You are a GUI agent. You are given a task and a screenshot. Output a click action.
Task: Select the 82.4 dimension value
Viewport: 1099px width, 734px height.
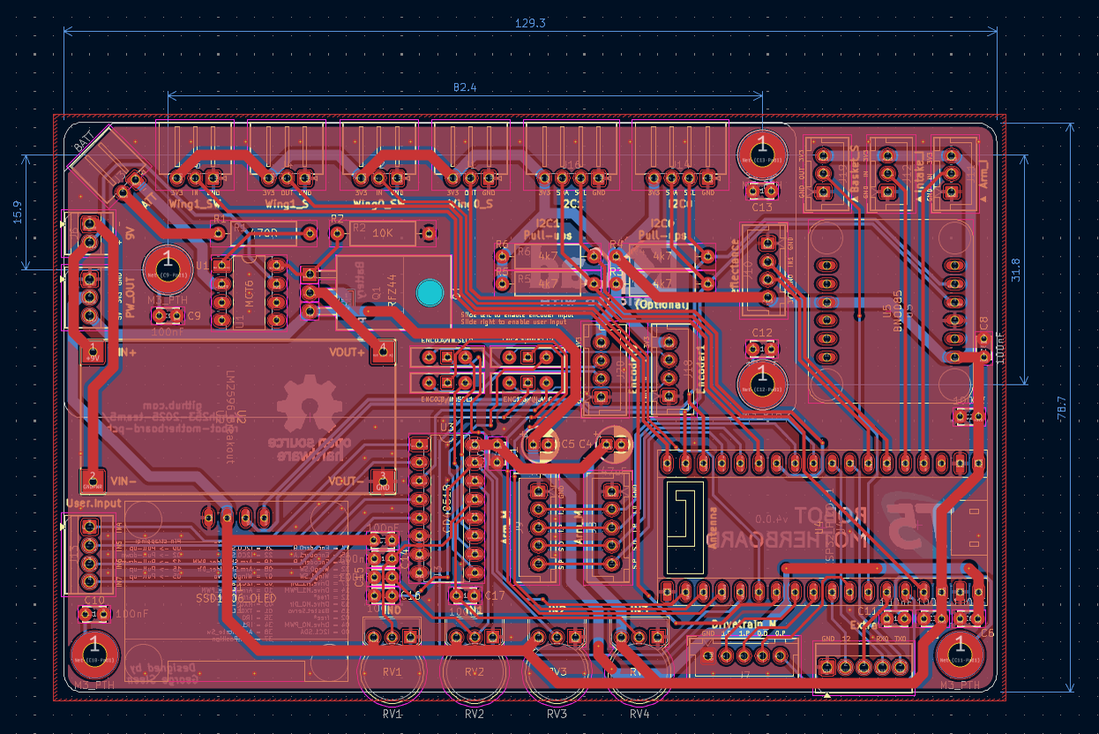click(465, 87)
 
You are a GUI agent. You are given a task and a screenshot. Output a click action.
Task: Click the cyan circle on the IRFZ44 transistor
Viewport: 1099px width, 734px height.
click(430, 293)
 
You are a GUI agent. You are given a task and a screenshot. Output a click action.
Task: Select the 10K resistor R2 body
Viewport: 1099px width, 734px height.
click(382, 233)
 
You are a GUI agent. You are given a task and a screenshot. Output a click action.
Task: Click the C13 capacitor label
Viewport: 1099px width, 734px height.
click(762, 207)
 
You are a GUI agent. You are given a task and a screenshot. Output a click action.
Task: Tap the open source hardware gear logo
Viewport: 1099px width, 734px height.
click(309, 403)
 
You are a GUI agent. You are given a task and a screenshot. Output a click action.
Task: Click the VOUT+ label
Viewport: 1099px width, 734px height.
click(345, 352)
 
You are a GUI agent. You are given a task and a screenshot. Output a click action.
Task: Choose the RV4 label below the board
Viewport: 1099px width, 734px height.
click(639, 714)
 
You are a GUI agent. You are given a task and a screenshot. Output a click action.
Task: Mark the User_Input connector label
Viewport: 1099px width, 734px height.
click(93, 504)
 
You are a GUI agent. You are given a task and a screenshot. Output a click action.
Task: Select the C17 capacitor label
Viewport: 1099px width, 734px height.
click(495, 595)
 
